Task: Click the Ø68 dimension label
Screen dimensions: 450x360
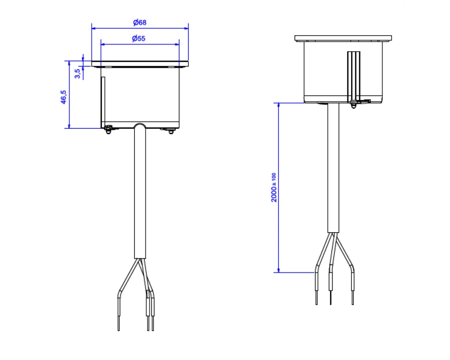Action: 140,22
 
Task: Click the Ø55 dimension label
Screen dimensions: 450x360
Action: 139,38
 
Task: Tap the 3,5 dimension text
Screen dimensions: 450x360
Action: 77,73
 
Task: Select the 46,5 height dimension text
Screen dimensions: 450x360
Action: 63,97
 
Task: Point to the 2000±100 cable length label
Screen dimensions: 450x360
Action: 274,188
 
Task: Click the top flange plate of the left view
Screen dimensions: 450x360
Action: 140,64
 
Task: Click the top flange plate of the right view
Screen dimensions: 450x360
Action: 343,38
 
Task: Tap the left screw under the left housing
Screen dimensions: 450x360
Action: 108,130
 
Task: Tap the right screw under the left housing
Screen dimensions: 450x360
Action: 171,131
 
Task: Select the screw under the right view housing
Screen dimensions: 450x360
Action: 354,104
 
